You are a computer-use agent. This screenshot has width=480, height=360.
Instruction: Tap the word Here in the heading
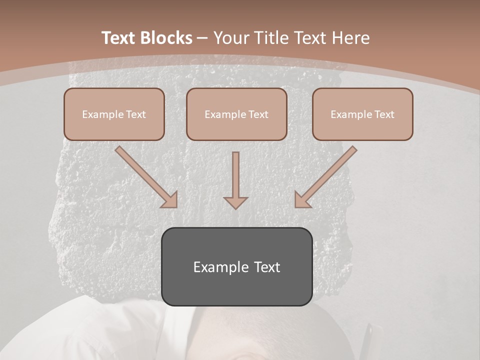pos(350,38)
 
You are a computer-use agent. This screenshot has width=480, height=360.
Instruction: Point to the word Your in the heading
pos(233,38)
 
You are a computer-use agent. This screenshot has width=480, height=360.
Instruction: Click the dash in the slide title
pos(202,38)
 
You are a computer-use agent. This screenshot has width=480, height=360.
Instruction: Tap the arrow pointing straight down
pos(235,177)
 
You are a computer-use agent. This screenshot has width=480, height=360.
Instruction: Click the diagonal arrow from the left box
pos(145,176)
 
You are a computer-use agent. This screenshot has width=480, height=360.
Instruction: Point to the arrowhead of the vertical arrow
pos(235,202)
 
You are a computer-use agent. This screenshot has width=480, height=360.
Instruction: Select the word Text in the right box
pos(384,114)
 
